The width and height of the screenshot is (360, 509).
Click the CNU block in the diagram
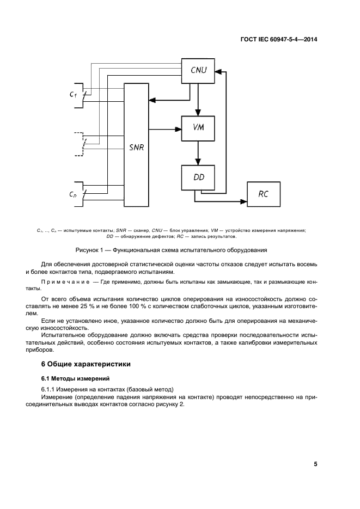tap(198, 70)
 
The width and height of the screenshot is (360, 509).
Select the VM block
tap(198, 128)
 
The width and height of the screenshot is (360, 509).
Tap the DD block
tap(198, 177)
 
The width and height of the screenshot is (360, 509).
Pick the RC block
tap(264, 194)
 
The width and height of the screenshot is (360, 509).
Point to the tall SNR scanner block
tap(137, 147)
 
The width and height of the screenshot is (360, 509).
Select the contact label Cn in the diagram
tap(73, 194)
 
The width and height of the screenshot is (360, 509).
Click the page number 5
tap(315, 464)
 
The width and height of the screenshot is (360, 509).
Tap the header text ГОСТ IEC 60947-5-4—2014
tap(278, 40)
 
